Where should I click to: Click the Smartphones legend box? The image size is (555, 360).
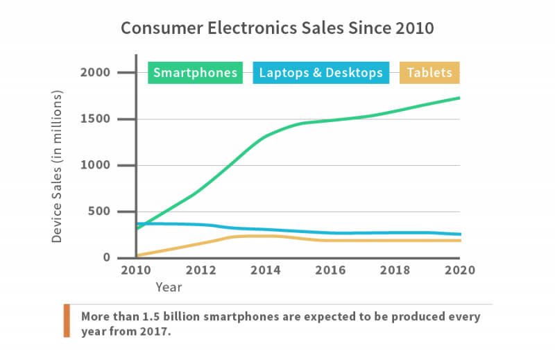pyautogui.click(x=195, y=73)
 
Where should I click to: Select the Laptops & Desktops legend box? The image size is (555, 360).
pyautogui.click(x=321, y=73)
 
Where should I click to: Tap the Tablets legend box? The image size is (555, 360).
pyautogui.click(x=429, y=73)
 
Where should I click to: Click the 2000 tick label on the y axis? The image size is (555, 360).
pyautogui.click(x=95, y=73)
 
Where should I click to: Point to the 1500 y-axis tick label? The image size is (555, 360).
pyautogui.click(x=95, y=119)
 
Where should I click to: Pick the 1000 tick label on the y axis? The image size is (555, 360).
pyautogui.click(x=95, y=165)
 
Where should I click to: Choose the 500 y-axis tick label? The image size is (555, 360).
pyautogui.click(x=99, y=212)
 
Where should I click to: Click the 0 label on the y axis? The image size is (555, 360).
pyautogui.click(x=107, y=257)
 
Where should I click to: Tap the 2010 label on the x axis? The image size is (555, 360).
pyautogui.click(x=136, y=271)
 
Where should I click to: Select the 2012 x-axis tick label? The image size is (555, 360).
pyautogui.click(x=200, y=271)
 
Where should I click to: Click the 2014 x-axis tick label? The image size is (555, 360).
pyautogui.click(x=266, y=271)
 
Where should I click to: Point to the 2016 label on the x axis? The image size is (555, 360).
pyautogui.click(x=330, y=271)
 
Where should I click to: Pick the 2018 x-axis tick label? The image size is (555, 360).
pyautogui.click(x=395, y=271)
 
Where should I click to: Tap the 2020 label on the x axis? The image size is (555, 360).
pyautogui.click(x=460, y=271)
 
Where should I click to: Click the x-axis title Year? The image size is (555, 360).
pyautogui.click(x=169, y=287)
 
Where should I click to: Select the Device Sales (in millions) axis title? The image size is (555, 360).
pyautogui.click(x=57, y=166)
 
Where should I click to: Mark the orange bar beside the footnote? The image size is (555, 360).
pyautogui.click(x=67, y=320)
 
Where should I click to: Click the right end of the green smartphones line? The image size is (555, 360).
pyautogui.click(x=459, y=98)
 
